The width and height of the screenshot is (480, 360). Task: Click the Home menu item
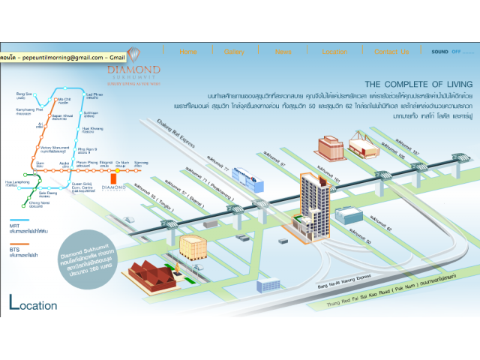pos(188,52)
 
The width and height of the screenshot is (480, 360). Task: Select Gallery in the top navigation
pos(234,52)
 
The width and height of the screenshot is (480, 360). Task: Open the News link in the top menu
pos(283,52)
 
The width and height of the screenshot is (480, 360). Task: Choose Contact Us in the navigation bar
pos(392,52)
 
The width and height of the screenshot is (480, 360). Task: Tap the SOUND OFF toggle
pos(446,52)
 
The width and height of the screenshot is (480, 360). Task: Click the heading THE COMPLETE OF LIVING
pos(418,84)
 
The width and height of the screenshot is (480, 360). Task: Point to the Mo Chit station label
pos(64,100)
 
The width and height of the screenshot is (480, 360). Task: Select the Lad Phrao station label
pos(94,96)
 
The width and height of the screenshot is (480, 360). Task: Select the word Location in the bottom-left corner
pos(33,304)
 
